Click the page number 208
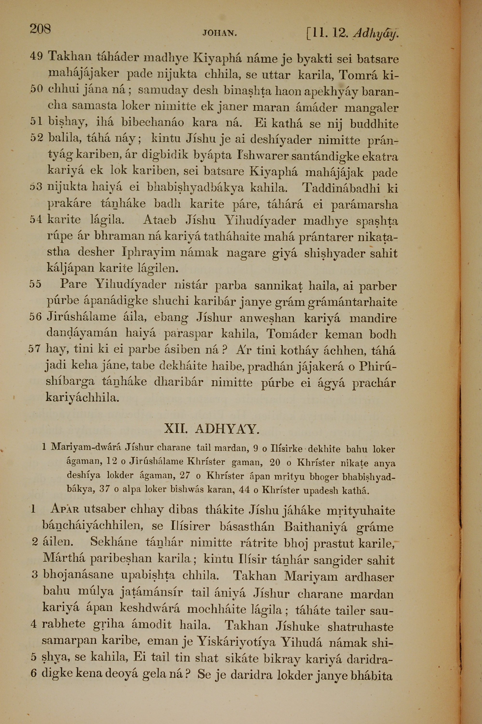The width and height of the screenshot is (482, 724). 40,29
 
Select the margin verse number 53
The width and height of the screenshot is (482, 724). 36,187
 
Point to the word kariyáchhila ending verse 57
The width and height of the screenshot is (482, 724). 82,398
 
